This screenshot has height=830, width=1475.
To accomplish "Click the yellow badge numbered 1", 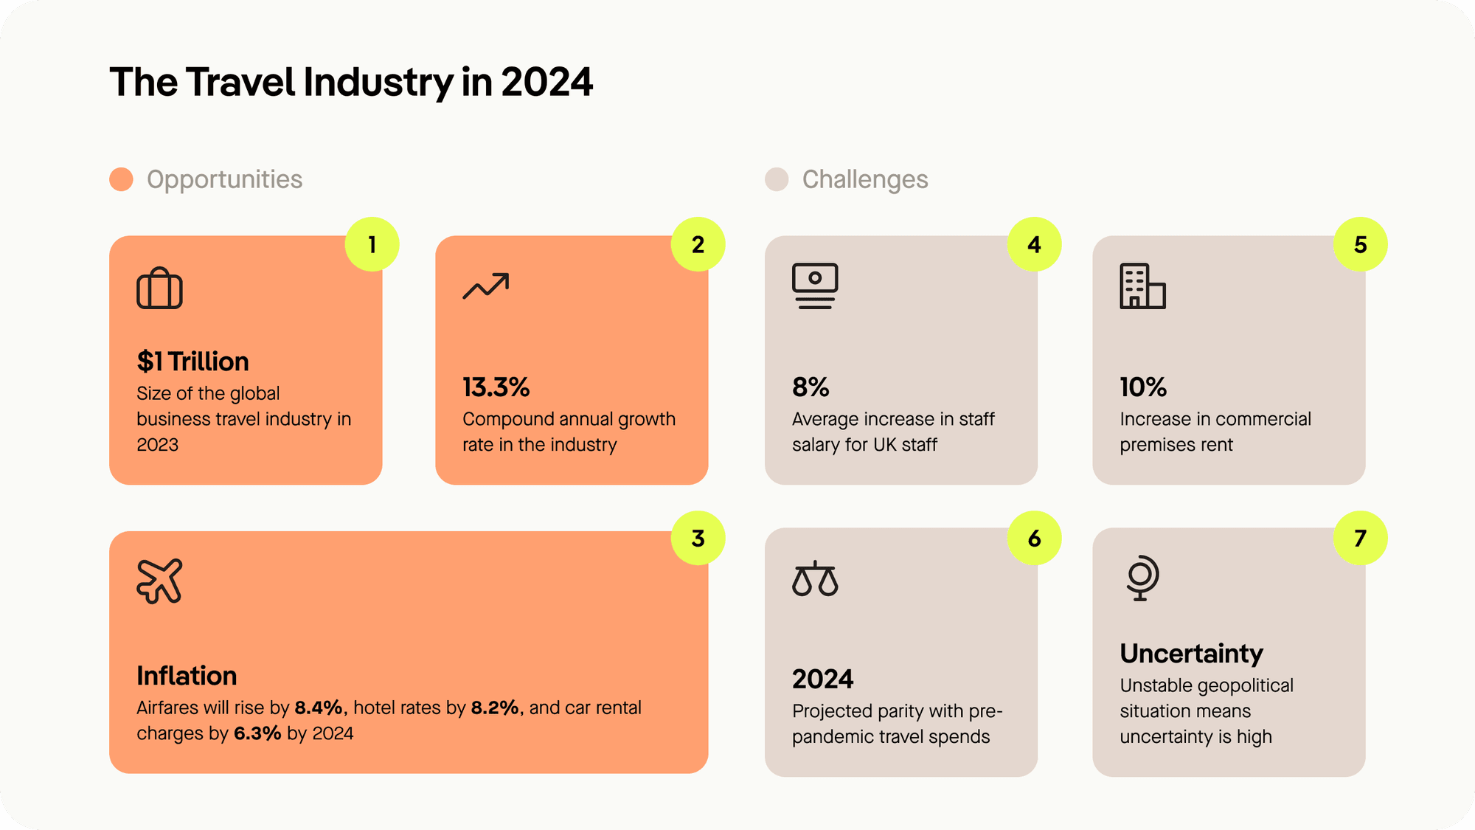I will [x=372, y=244].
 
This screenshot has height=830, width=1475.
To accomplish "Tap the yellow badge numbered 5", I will [x=1360, y=244].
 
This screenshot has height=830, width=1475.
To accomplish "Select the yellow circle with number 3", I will [x=698, y=538].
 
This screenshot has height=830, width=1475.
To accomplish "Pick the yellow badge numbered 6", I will [x=1034, y=538].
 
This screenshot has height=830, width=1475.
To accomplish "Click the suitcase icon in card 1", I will [x=159, y=288].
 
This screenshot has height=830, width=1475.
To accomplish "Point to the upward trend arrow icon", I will [x=486, y=286].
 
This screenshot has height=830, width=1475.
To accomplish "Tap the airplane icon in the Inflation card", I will [x=159, y=581].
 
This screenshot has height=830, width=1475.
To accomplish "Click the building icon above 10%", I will [x=1142, y=286].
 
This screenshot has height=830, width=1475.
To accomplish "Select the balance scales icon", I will [x=815, y=578].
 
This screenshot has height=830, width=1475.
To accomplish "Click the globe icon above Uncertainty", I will [x=1142, y=578].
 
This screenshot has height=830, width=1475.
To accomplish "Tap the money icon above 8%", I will [x=815, y=286].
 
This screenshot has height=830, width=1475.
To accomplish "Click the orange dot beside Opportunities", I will [x=121, y=179].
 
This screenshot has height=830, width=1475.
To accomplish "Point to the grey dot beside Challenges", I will [x=777, y=179].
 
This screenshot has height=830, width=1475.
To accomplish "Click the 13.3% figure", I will [x=496, y=387].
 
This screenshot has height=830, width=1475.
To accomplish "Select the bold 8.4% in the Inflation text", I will [x=319, y=708].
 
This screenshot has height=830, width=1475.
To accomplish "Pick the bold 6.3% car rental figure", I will [x=257, y=733].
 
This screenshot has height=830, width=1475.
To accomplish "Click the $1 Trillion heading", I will [x=192, y=362].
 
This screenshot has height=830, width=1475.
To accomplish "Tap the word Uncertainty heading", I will [x=1191, y=653].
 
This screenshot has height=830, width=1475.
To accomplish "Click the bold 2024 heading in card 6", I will [x=822, y=679].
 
